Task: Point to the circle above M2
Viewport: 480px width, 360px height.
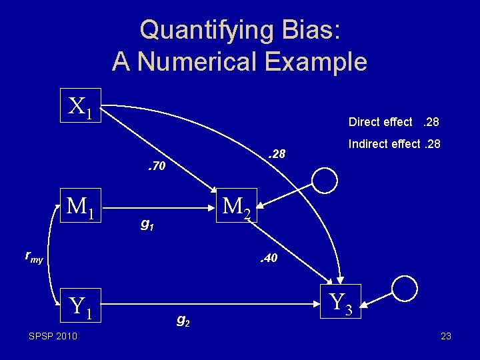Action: pyautogui.click(x=327, y=180)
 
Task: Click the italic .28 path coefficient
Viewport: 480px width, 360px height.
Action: pyautogui.click(x=275, y=154)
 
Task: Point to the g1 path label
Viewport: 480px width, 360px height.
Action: pyautogui.click(x=147, y=225)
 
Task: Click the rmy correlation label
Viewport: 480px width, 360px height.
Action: pyautogui.click(x=33, y=256)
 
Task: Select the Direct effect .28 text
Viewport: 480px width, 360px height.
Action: pyautogui.click(x=393, y=122)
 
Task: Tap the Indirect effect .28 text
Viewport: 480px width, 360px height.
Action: pyautogui.click(x=393, y=143)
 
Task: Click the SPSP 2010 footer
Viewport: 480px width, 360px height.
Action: pyautogui.click(x=53, y=335)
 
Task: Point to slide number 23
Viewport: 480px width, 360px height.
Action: pyautogui.click(x=446, y=336)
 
